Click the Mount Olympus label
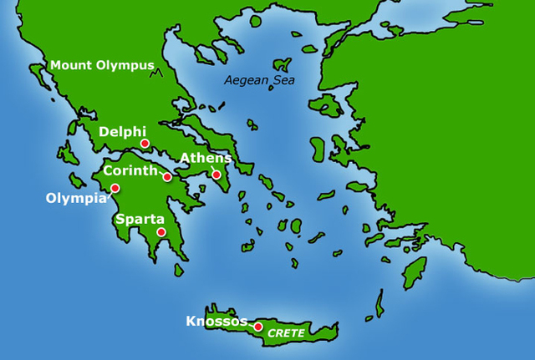pyautogui.click(x=102, y=65)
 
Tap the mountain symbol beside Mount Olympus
pyautogui.click(x=155, y=74)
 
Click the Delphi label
pyautogui.click(x=122, y=132)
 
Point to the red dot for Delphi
pyautogui.click(x=145, y=144)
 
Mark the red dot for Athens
pyautogui.click(x=217, y=175)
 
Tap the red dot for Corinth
pyautogui.click(x=168, y=177)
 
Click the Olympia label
pyautogui.click(x=77, y=199)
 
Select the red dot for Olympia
pyautogui.click(x=115, y=188)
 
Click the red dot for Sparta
pyautogui.click(x=161, y=233)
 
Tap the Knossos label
pyautogui.click(x=217, y=322)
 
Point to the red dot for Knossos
pyautogui.click(x=258, y=327)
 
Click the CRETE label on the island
pyautogui.click(x=286, y=333)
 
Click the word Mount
pyautogui.click(x=69, y=65)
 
